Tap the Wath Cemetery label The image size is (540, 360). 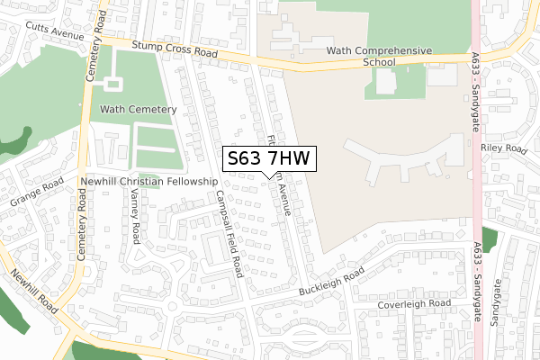[138, 109]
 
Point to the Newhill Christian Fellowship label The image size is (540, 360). [149, 181]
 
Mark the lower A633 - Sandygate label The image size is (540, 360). [476, 265]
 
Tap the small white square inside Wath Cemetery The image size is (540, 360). [113, 84]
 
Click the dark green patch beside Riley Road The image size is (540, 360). [489, 239]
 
